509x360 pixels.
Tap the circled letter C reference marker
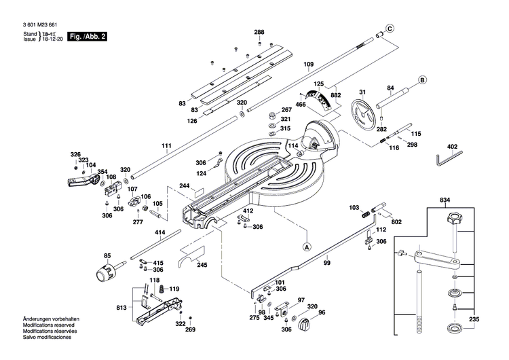[390, 29]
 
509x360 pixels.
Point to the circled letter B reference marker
[421, 80]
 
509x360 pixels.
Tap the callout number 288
[259, 33]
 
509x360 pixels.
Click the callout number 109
[308, 65]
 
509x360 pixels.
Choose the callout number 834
[445, 200]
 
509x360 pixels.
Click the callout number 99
[326, 263]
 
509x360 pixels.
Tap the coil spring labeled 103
[367, 214]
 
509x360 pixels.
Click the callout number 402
[452, 147]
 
